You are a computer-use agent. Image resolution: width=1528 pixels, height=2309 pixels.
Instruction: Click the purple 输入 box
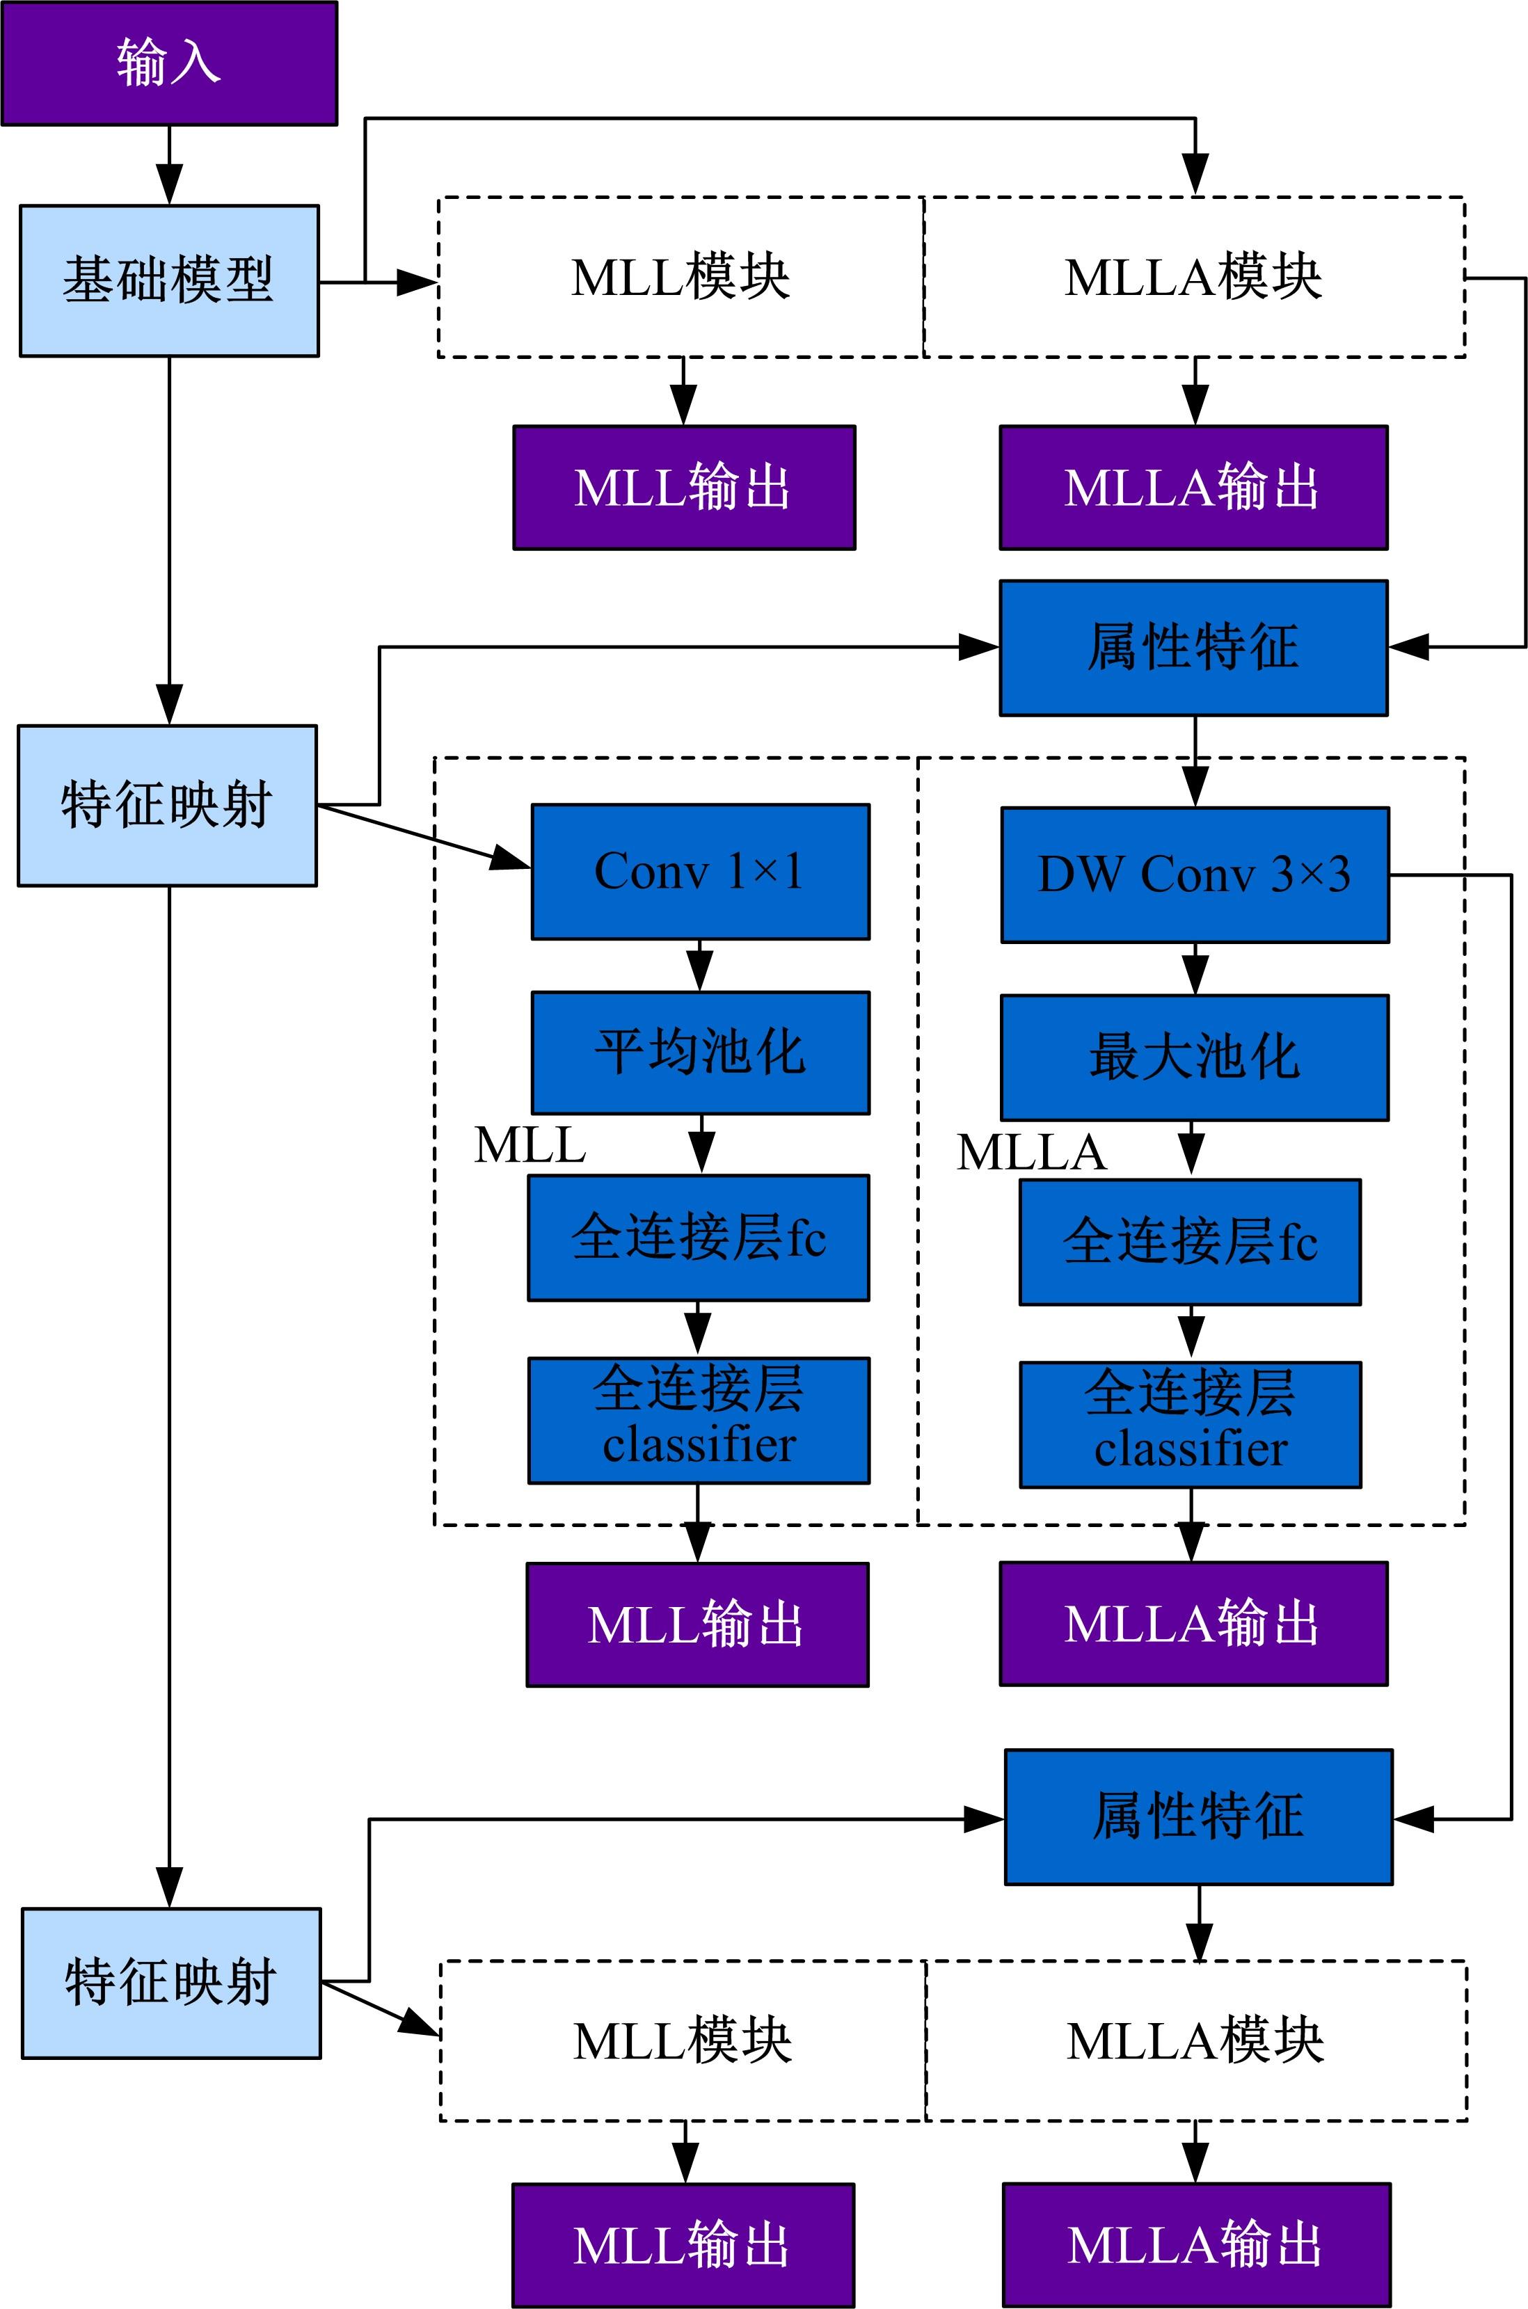(170, 63)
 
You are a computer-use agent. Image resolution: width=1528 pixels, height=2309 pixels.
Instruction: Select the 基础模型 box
(170, 280)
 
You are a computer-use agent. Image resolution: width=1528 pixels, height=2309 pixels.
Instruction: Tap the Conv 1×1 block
(700, 872)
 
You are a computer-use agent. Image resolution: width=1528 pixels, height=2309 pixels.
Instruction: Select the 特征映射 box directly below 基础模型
(168, 806)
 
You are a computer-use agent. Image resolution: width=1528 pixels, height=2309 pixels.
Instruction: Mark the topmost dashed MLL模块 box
(681, 278)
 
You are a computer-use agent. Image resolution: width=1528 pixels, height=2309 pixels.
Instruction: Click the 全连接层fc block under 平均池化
(699, 1238)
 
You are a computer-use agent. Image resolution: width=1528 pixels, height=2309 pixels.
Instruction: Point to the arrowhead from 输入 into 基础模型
(170, 185)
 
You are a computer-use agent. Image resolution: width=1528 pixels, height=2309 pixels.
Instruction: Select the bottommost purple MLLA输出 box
(1195, 2246)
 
